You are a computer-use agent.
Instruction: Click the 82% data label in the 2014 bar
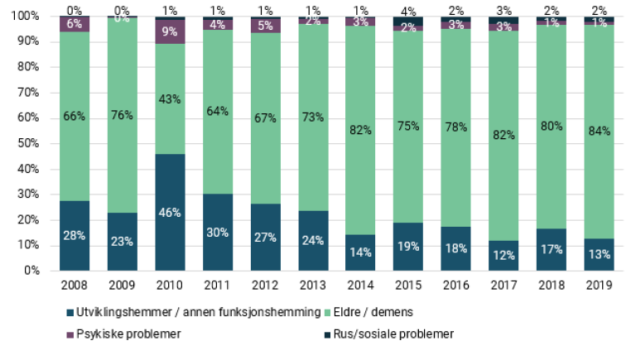click(360, 130)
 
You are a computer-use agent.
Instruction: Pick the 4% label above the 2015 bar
click(408, 10)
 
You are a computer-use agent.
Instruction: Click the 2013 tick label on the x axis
click(313, 285)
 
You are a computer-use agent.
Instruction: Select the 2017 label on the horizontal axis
click(503, 285)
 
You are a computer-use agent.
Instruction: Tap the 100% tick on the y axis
click(24, 16)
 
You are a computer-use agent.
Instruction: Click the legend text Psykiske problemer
click(120, 334)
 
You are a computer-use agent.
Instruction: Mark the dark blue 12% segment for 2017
click(503, 256)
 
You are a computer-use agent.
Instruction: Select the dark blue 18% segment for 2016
click(455, 248)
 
